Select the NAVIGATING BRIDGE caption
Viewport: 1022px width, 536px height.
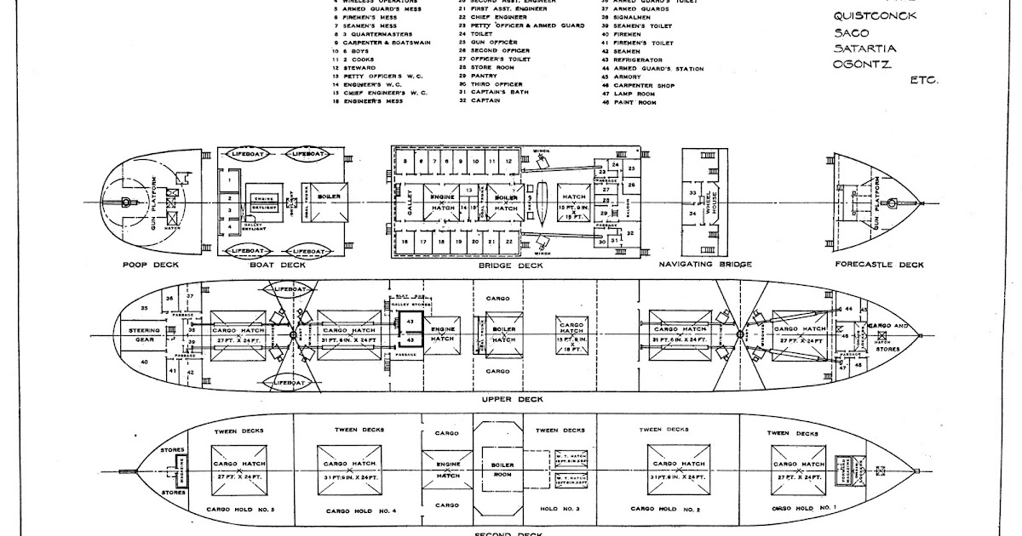point(706,265)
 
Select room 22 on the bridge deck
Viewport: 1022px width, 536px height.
point(508,242)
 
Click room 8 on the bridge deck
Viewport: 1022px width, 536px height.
point(406,161)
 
